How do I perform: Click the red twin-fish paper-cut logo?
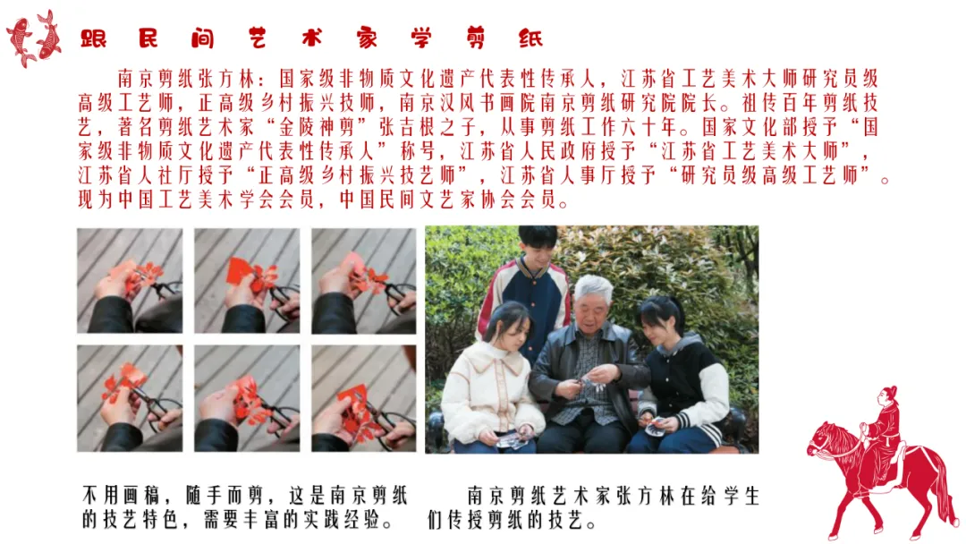34,38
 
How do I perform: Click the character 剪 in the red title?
476,38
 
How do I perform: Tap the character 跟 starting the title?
94,38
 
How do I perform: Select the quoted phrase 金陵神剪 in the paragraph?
319,128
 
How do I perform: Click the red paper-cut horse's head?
824,438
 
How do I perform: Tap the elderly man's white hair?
593,288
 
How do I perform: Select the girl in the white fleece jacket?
491,382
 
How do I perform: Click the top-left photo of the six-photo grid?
130,281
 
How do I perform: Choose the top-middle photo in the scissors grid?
247,281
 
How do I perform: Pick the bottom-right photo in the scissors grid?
364,398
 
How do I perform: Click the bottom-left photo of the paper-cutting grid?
130,398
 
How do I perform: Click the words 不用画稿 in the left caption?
121,496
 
